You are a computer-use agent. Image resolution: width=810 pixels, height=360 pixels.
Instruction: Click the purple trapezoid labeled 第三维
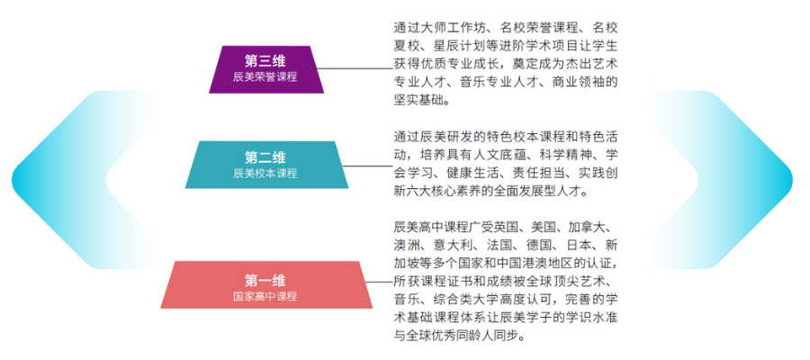pos(266,69)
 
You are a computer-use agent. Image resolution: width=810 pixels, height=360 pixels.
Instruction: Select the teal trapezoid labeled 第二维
pos(266,165)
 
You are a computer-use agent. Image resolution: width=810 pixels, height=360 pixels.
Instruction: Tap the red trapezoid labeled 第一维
pos(266,284)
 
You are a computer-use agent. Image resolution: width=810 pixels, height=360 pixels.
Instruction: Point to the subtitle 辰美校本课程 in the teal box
pos(265,174)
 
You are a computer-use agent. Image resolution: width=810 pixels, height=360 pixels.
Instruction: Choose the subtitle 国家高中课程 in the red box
pos(265,297)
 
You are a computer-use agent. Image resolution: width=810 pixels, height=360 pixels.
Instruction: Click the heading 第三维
pos(265,61)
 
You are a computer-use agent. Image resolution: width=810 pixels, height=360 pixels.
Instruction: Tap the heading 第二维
pos(265,157)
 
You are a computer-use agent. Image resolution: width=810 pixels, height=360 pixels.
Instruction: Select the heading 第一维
pos(265,281)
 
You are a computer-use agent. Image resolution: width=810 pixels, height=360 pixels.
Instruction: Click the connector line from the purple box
pos(355,68)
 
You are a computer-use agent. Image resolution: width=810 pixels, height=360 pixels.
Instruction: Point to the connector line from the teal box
pos(368,166)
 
